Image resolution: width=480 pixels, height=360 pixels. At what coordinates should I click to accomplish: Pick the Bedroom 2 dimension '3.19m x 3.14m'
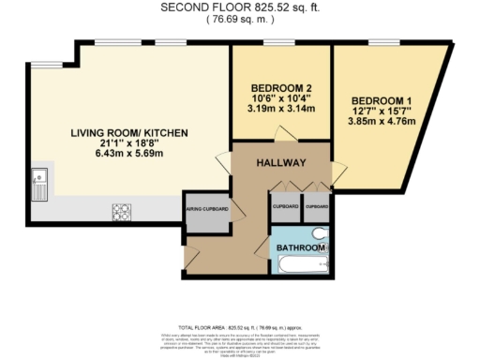click(281, 107)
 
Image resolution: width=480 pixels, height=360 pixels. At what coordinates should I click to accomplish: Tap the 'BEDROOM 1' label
click(382, 100)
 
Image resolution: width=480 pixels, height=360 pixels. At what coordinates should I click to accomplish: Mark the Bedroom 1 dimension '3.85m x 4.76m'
click(382, 121)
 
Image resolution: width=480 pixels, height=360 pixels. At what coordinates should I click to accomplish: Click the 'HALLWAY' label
click(281, 162)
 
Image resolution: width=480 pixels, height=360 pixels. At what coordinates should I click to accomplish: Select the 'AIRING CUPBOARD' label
click(205, 208)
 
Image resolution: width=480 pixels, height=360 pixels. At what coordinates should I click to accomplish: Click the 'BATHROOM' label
click(300, 247)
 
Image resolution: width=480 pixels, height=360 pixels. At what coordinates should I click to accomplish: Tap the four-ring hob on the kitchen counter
click(122, 211)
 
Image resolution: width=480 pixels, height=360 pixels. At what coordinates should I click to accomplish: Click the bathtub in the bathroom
click(298, 263)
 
